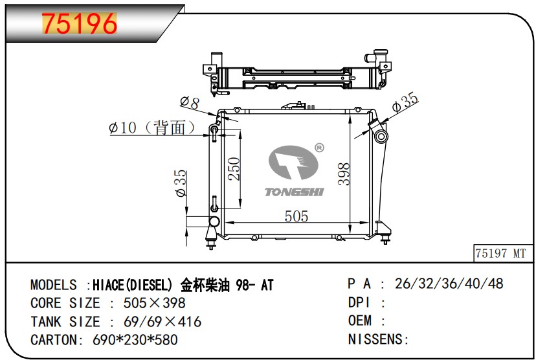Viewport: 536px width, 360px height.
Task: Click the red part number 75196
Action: tap(80, 23)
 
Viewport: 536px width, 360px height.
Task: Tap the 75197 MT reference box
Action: tap(502, 253)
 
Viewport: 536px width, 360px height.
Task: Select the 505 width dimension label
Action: tap(296, 216)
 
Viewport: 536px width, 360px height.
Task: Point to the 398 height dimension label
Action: tap(344, 174)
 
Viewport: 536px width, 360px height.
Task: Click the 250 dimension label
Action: tap(234, 168)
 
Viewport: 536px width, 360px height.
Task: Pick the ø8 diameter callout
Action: tap(190, 102)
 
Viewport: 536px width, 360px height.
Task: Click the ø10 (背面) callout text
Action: tap(151, 128)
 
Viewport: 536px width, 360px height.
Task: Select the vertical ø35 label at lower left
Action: tap(181, 183)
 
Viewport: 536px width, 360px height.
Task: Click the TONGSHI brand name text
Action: tap(295, 192)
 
